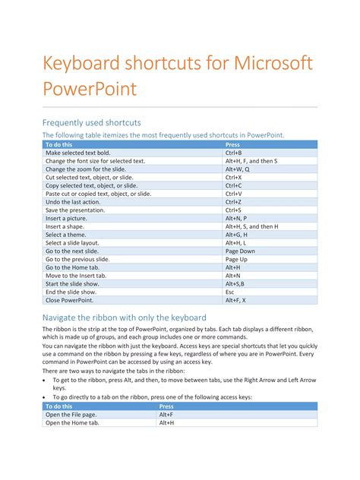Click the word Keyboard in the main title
(x=84, y=64)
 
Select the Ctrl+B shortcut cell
(x=234, y=153)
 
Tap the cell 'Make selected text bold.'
(x=77, y=153)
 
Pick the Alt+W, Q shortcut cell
(x=237, y=169)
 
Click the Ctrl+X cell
(x=233, y=178)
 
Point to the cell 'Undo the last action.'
(x=73, y=202)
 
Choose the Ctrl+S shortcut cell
(x=233, y=210)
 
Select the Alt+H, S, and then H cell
(x=251, y=226)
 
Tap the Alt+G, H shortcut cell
(x=235, y=235)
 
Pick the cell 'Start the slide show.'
(x=72, y=284)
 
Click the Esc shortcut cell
(x=229, y=292)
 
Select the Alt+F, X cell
(x=235, y=300)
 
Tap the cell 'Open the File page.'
(x=72, y=415)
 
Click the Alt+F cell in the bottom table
(x=166, y=415)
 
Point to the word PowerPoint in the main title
(x=90, y=90)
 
